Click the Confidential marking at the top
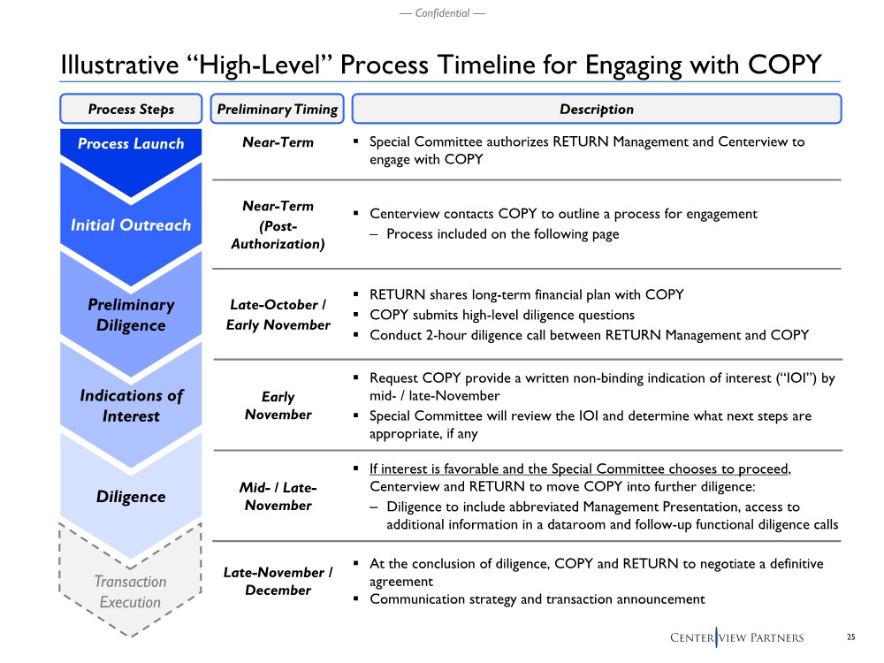click(x=442, y=13)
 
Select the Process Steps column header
click(x=131, y=109)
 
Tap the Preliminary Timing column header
click(x=278, y=109)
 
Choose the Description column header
click(x=597, y=109)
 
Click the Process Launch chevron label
click(x=131, y=144)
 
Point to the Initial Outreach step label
click(x=131, y=225)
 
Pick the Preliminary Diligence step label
click(x=131, y=315)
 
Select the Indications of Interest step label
click(x=131, y=406)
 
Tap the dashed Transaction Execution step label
click(x=130, y=591)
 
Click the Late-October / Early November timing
click(x=278, y=315)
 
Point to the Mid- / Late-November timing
click(x=278, y=496)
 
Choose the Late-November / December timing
click(x=278, y=581)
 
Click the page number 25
click(x=850, y=637)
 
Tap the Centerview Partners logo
click(x=737, y=637)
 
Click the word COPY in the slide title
click(x=785, y=65)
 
